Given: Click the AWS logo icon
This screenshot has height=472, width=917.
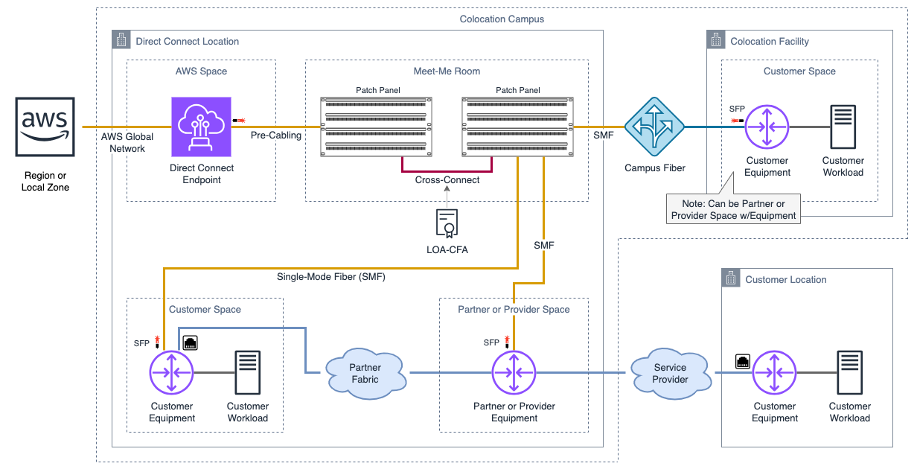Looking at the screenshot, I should click(x=45, y=127).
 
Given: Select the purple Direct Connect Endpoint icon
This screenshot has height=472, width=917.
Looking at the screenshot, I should click(x=202, y=127).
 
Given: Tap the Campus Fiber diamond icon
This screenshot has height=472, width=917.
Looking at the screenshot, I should click(x=654, y=127).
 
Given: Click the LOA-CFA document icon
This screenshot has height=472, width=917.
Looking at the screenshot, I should click(x=447, y=223).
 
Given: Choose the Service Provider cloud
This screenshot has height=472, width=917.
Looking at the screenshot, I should click(x=670, y=373).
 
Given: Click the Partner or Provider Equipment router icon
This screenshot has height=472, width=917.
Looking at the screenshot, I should click(x=514, y=372).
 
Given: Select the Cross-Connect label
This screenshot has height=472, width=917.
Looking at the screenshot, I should click(x=447, y=180).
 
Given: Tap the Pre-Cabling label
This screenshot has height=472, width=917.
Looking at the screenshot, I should click(x=276, y=135).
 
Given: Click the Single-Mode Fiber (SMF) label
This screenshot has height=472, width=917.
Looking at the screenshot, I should click(x=331, y=277).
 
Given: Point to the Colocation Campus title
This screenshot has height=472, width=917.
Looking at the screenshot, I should click(x=502, y=19).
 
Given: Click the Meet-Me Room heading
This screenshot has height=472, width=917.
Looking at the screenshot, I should click(x=447, y=71).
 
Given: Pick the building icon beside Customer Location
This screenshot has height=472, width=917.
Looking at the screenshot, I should click(x=731, y=279).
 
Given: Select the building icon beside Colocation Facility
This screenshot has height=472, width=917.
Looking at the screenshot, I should click(x=716, y=41).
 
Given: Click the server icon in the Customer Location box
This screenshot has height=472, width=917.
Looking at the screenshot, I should click(x=849, y=372).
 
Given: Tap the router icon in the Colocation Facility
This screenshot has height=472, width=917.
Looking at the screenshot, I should click(x=767, y=127).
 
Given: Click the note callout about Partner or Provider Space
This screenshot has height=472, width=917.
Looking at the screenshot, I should click(x=733, y=209).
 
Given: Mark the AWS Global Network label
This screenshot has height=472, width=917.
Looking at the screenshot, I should click(x=127, y=142).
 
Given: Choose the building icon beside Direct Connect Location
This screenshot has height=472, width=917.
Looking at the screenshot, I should click(x=121, y=41).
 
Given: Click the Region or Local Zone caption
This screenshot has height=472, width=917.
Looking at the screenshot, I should click(x=45, y=181).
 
